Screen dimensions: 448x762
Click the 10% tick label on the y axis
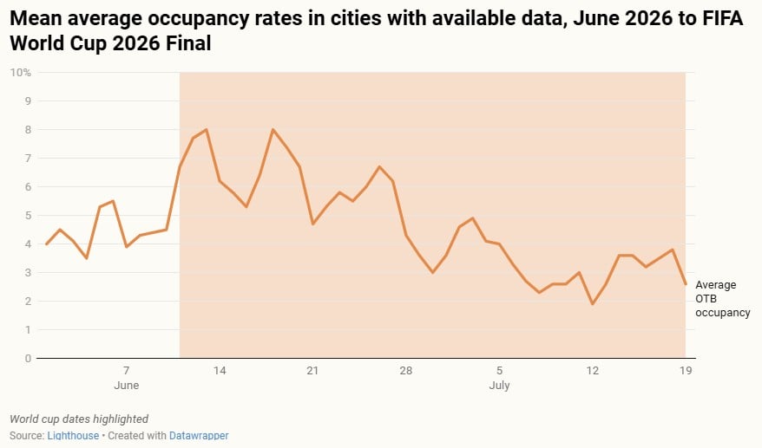21,72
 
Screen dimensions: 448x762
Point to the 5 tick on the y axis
27,215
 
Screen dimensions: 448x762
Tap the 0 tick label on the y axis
27,358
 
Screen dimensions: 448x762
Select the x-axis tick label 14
220,371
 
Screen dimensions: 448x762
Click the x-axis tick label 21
312,371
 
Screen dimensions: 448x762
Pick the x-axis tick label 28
405,371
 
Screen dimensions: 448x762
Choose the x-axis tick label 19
685,371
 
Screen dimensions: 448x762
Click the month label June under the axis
127,386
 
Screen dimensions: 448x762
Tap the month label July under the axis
499,386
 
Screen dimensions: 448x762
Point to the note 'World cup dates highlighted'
79,419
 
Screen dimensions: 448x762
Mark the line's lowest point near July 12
592,304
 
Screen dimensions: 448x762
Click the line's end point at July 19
686,284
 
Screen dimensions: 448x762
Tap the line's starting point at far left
47,243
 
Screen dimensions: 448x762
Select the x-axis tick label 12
592,371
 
